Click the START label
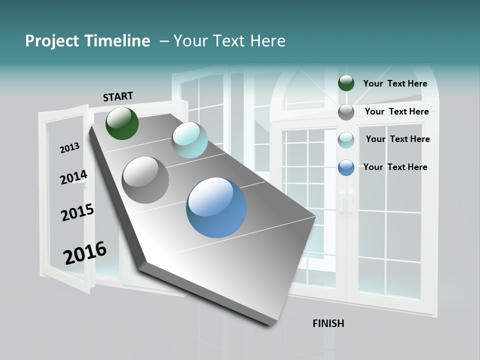(118, 96)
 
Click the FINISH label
(328, 323)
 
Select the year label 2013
(69, 148)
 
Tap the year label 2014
(73, 177)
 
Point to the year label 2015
(77, 212)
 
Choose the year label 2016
(85, 252)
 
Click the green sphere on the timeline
(122, 123)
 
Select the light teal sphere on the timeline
(189, 140)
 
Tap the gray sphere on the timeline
(145, 179)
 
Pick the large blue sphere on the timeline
(216, 207)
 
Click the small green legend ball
(346, 83)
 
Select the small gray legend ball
(346, 112)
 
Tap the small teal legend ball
(346, 140)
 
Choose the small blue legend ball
(346, 167)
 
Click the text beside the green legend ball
(395, 83)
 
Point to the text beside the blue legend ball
(395, 167)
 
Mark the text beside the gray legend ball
(396, 111)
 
